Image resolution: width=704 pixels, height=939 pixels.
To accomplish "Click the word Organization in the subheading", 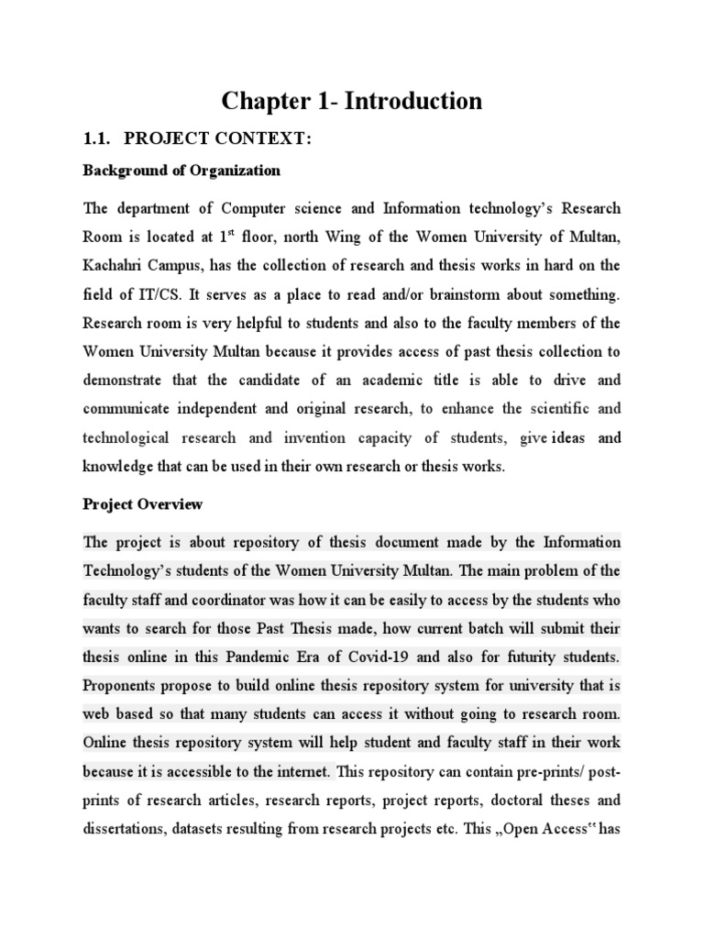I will click(x=234, y=171).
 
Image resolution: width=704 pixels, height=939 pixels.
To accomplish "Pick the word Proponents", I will click(x=124, y=685).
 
